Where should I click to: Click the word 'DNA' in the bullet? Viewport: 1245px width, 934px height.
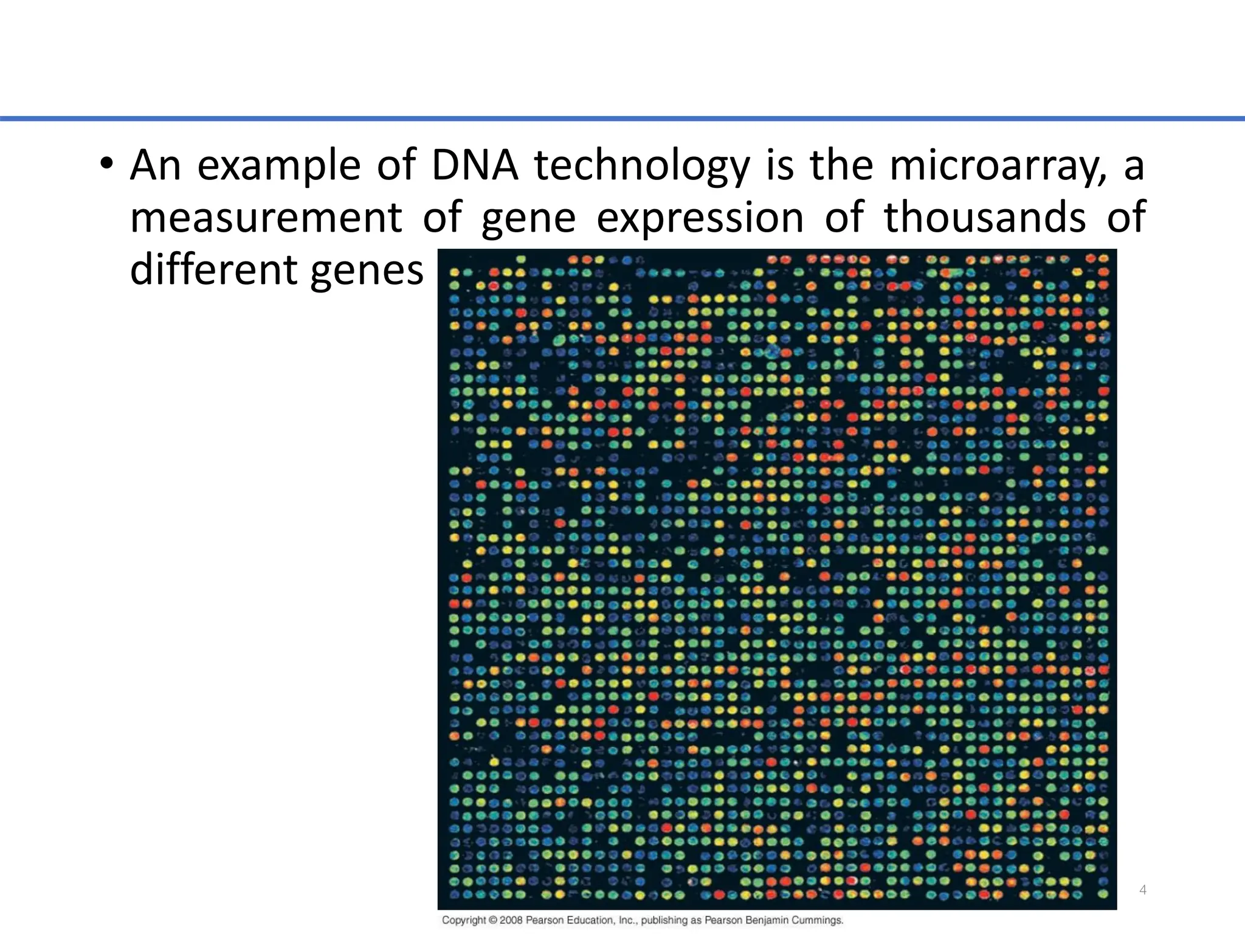474,165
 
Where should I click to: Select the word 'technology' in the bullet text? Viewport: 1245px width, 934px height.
642,165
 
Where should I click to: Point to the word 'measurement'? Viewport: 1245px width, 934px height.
266,218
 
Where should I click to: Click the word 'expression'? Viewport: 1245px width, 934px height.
700,218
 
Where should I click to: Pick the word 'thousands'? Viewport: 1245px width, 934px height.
985,218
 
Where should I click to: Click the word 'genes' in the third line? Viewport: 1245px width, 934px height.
367,270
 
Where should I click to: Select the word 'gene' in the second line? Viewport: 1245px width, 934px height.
528,218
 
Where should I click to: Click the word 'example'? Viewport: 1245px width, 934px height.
279,165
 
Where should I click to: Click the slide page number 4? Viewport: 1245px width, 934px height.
1143,890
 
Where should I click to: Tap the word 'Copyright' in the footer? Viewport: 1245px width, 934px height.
464,920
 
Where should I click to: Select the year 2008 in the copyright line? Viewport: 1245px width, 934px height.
512,920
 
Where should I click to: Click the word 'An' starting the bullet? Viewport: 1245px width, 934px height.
155,165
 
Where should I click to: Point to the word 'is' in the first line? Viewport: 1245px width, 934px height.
779,165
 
